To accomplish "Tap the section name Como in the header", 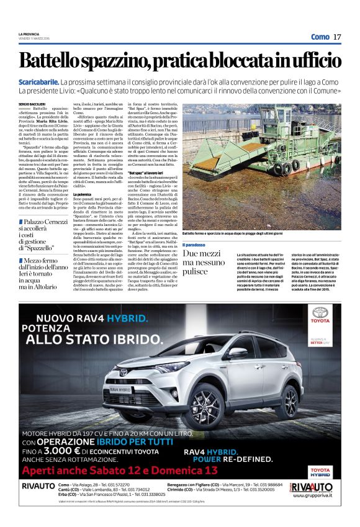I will tap(320, 37).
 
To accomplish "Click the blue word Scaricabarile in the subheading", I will tap(55, 82).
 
